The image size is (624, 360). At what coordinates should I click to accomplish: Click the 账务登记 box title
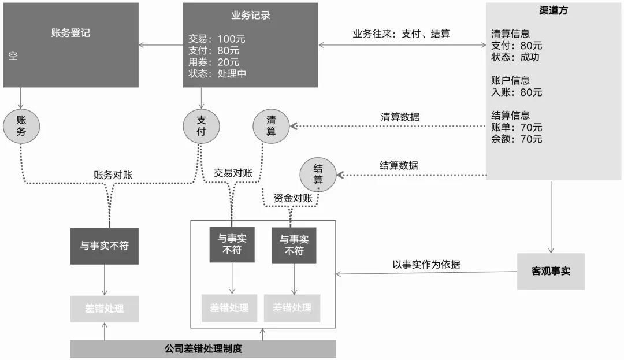coord(70,33)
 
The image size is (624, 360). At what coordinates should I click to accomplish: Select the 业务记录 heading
coord(250,16)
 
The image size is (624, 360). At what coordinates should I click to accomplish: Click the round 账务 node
coord(21,126)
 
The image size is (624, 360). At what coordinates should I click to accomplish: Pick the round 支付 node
coord(201,126)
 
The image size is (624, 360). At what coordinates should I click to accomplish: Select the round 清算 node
coord(271,126)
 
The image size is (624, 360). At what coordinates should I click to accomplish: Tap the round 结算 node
coord(318,175)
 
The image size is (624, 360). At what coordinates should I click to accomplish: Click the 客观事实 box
coord(550,271)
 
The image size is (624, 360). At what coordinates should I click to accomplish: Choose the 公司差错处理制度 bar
coord(203,349)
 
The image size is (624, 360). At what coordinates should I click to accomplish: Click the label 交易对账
coord(233,173)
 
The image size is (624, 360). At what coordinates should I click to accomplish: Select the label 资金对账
coord(293,198)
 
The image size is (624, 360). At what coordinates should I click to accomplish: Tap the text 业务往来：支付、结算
coord(401,34)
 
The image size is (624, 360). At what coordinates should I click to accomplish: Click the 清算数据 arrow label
coord(400,117)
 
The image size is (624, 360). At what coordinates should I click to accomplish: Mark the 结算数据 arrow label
coord(399,165)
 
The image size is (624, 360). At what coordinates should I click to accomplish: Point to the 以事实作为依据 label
coord(426,265)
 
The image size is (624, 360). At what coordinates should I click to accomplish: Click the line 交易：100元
coord(217,39)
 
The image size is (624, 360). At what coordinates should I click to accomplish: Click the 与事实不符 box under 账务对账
coord(104,246)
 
